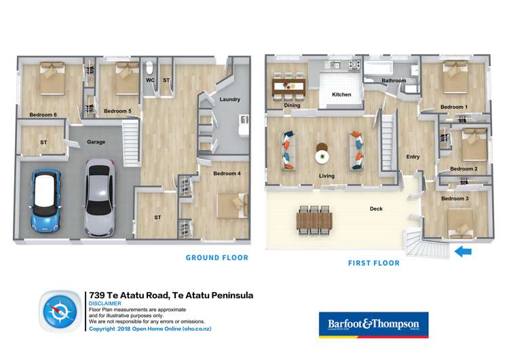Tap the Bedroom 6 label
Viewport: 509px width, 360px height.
pos(43,114)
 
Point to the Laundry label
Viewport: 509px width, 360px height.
pos(229,100)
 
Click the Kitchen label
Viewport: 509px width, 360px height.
pos(341,94)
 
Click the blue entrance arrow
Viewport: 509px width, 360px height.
pos(463,252)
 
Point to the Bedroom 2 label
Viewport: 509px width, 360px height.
pos(464,169)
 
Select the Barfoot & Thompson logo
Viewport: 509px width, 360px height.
pos(373,324)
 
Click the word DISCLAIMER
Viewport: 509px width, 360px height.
pos(105,304)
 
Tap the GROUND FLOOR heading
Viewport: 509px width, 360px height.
pos(217,258)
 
